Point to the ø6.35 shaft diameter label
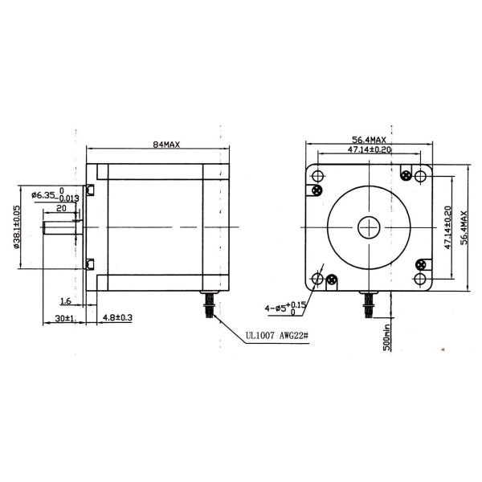(43, 195)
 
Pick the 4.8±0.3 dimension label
(117, 319)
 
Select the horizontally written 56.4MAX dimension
(370, 137)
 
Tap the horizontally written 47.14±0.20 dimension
(370, 149)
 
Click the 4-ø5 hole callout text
(285, 307)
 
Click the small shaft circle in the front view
(370, 227)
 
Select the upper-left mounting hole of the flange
(318, 176)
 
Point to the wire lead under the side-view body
(209, 305)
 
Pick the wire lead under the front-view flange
(370, 304)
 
